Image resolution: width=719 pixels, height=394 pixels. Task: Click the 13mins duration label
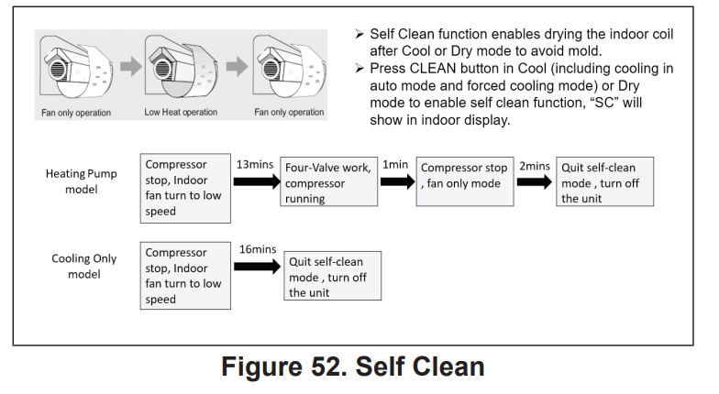255,165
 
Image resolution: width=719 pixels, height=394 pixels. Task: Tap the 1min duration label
395,165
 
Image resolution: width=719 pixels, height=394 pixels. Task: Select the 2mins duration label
534,166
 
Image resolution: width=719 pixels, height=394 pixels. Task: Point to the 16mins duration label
258,249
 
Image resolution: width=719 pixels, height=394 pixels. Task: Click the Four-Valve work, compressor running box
328,181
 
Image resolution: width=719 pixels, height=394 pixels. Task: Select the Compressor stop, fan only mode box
465,181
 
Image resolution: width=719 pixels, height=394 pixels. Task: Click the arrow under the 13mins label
257,181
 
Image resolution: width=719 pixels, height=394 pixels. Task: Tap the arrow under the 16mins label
257,267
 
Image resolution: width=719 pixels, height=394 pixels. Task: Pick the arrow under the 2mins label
535,181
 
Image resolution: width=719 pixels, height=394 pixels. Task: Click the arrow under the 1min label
398,181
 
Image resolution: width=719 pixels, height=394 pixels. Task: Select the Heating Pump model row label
81,181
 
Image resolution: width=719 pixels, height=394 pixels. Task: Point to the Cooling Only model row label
84,266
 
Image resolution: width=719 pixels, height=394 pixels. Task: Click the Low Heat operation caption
181,112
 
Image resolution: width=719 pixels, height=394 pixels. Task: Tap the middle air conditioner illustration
182,67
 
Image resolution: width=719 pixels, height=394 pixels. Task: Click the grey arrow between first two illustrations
131,66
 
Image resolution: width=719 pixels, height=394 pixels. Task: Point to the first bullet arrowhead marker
359,34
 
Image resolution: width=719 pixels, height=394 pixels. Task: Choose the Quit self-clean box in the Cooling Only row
332,276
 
